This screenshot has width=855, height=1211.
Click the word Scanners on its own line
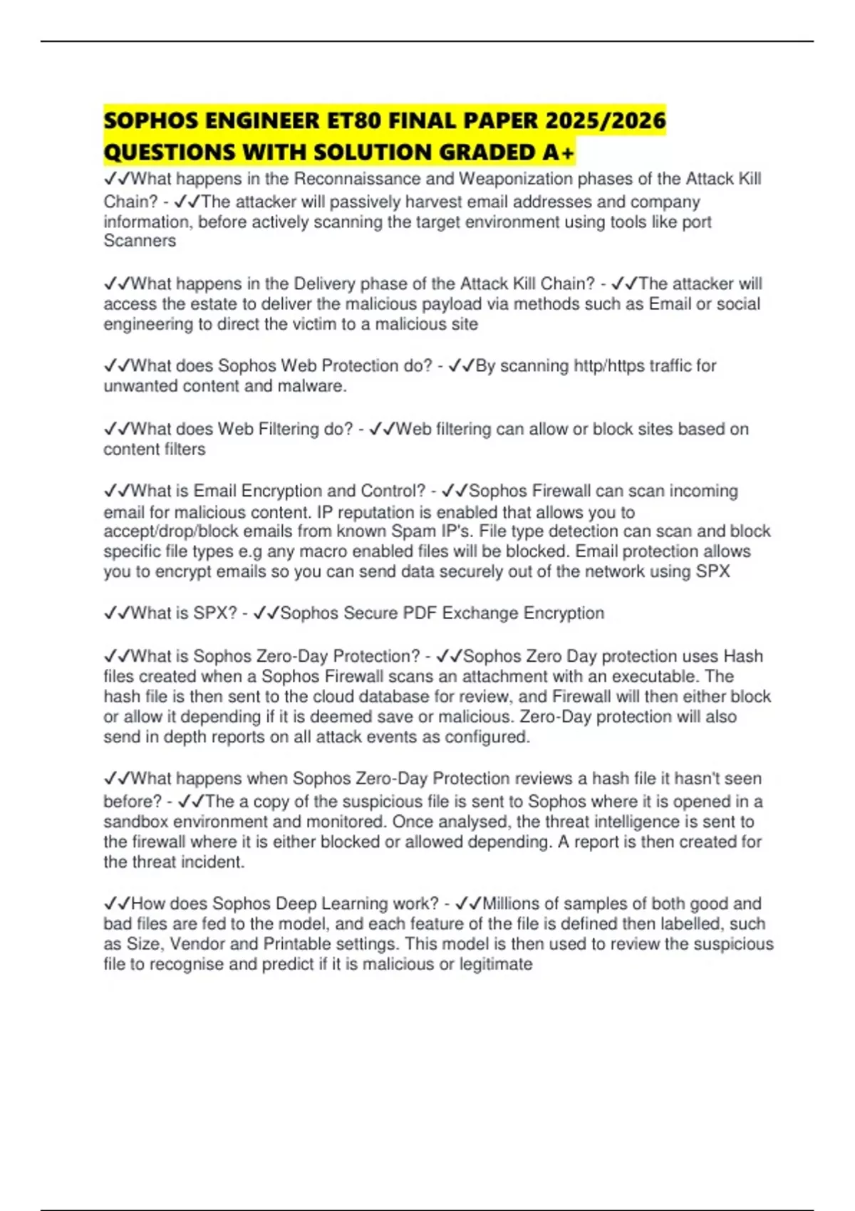click(140, 241)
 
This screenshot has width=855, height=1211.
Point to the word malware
click(313, 386)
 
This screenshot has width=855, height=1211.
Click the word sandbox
click(136, 822)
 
